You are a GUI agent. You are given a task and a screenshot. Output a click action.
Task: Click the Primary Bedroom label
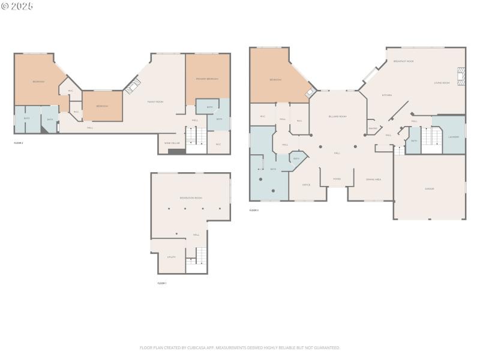pyautogui.click(x=207, y=79)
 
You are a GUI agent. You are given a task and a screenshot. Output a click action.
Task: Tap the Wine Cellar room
pyautogui.click(x=172, y=143)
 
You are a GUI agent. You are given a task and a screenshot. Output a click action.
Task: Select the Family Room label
pyautogui.click(x=155, y=102)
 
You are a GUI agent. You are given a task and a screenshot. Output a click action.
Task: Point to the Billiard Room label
pyautogui.click(x=337, y=116)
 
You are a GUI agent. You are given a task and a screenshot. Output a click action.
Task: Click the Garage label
pyautogui.click(x=429, y=188)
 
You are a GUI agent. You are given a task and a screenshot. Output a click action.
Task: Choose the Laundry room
pyautogui.click(x=454, y=137)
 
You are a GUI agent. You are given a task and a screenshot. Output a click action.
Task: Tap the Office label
pyautogui.click(x=306, y=185)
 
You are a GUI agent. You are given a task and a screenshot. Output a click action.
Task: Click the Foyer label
pyautogui.click(x=337, y=179)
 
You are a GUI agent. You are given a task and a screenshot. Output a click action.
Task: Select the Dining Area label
pyautogui.click(x=374, y=179)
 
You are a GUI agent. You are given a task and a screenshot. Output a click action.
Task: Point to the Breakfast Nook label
pyautogui.click(x=403, y=61)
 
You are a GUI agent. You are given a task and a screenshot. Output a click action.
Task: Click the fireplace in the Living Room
pyautogui.click(x=460, y=76)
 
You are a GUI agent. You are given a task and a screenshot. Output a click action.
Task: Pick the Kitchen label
pyautogui.click(x=387, y=95)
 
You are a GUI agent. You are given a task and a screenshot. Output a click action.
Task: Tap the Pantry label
pyautogui.click(x=373, y=128)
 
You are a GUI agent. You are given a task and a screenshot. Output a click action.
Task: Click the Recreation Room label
pyautogui.click(x=191, y=197)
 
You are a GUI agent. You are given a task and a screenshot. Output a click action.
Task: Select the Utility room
pyautogui.click(x=171, y=257)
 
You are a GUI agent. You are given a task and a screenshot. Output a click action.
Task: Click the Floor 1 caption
pyautogui.click(x=162, y=283)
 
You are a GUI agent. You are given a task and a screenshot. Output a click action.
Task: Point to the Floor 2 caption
pyautogui.click(x=19, y=143)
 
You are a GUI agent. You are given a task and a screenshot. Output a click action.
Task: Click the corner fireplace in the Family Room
pyautogui.click(x=133, y=86)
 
